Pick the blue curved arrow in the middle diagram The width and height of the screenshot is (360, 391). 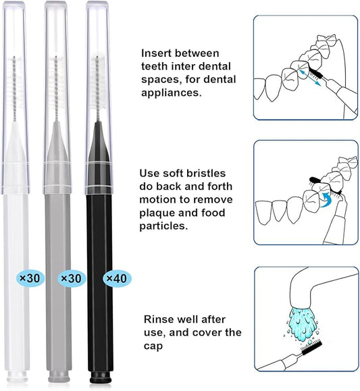point(326,199)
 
